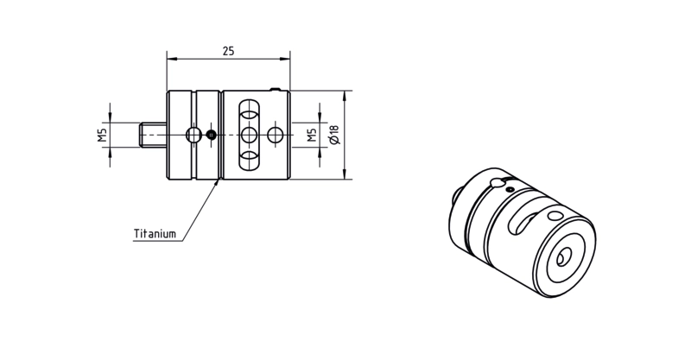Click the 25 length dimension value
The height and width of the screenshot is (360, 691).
(x=228, y=51)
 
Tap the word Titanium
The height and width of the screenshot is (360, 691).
(x=155, y=234)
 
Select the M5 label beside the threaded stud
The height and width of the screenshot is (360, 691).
(x=102, y=135)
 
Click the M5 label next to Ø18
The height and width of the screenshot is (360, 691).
(x=312, y=135)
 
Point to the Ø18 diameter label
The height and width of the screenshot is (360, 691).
(x=334, y=135)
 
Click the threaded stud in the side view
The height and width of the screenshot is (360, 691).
(x=153, y=135)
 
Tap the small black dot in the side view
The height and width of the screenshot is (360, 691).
(x=212, y=135)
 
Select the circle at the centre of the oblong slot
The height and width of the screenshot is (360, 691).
(x=249, y=135)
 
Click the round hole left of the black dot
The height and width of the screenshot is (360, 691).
(x=193, y=135)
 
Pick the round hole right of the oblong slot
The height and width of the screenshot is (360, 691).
(x=276, y=135)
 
